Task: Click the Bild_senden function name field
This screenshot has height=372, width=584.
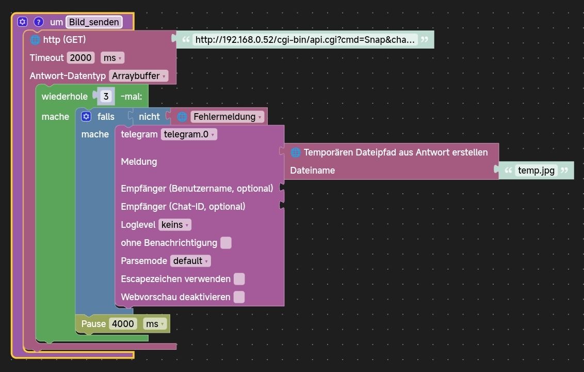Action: point(94,22)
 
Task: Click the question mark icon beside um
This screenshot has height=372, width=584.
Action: point(39,22)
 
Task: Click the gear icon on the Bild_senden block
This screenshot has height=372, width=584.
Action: point(22,22)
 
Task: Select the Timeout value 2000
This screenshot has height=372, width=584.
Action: point(81,58)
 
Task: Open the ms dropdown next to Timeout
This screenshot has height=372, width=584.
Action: point(112,58)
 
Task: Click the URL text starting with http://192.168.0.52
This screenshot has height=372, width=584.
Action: point(305,40)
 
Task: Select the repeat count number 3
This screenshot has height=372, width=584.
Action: point(106,97)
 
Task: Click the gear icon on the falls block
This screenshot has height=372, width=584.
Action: point(86,117)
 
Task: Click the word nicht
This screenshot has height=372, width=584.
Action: point(149,117)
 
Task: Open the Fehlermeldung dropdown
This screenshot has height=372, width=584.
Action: point(228,117)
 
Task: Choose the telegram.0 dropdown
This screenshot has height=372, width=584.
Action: point(189,134)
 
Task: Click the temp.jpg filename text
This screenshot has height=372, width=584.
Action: point(537,171)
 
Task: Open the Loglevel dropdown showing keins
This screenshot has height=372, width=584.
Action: point(175,225)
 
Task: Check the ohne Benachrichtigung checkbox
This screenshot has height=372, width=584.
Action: point(226,243)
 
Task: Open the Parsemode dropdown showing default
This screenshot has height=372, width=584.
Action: point(190,261)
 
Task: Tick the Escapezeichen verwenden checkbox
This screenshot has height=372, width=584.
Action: point(239,279)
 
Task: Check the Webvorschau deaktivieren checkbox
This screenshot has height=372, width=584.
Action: point(239,297)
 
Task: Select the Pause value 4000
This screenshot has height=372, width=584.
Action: point(124,324)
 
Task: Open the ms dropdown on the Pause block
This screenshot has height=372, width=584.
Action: point(155,324)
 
